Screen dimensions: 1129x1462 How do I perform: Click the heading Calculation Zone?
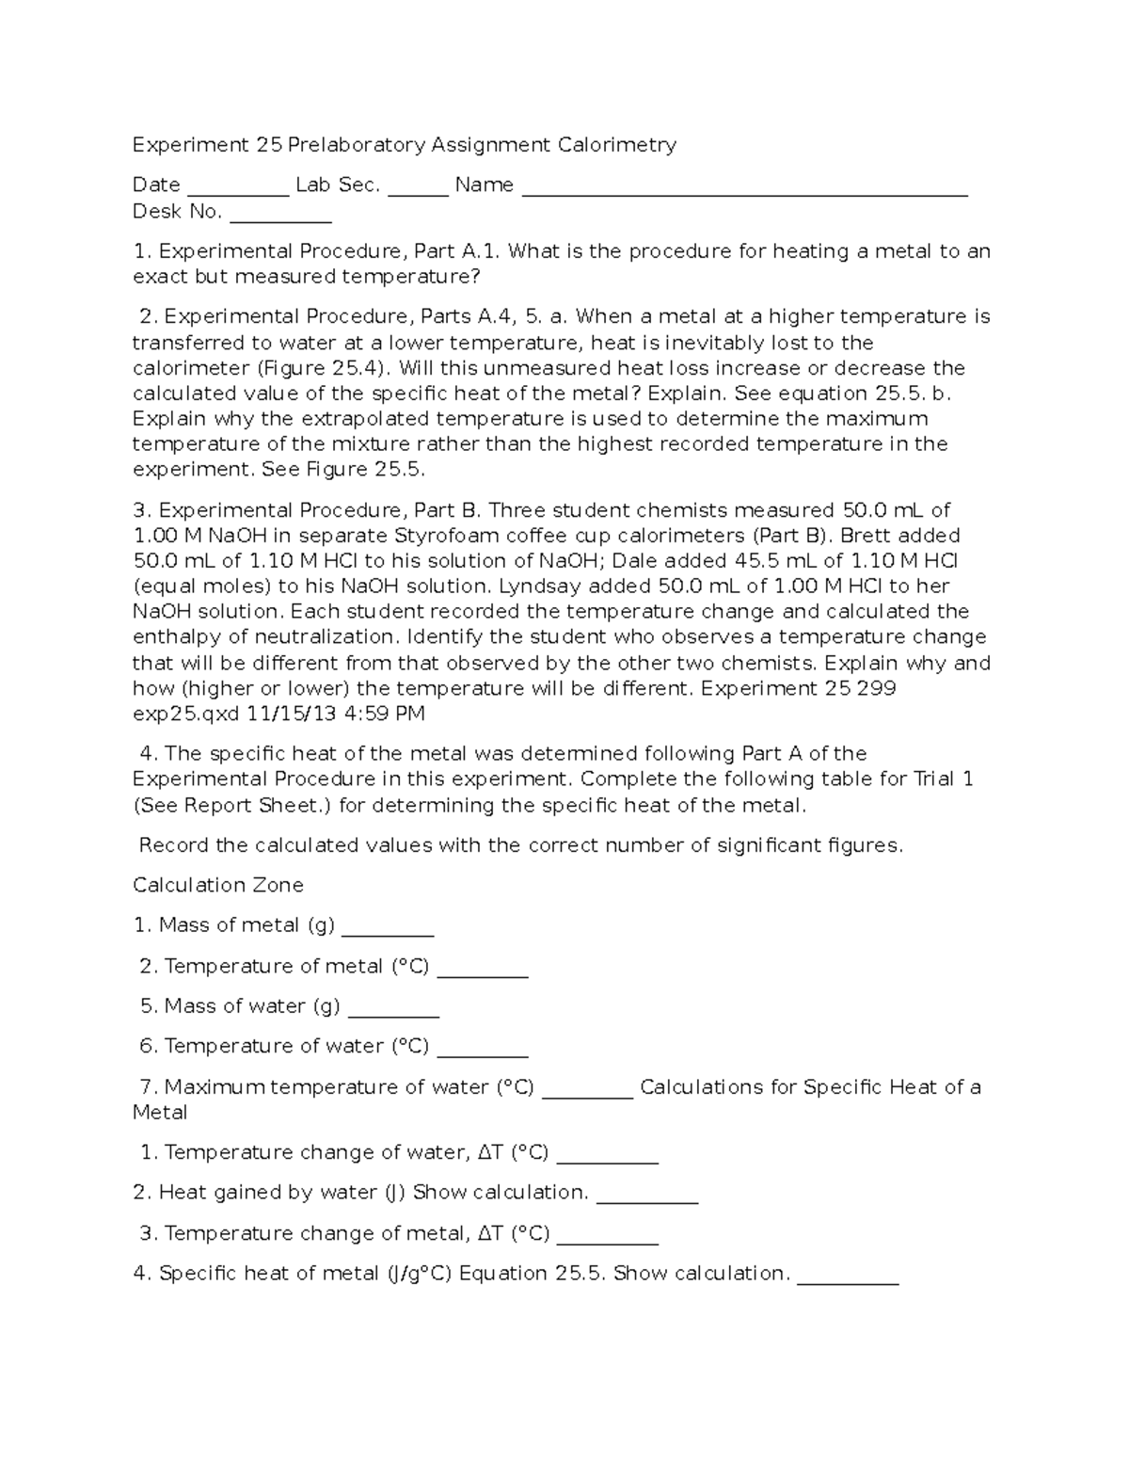[x=218, y=886]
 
